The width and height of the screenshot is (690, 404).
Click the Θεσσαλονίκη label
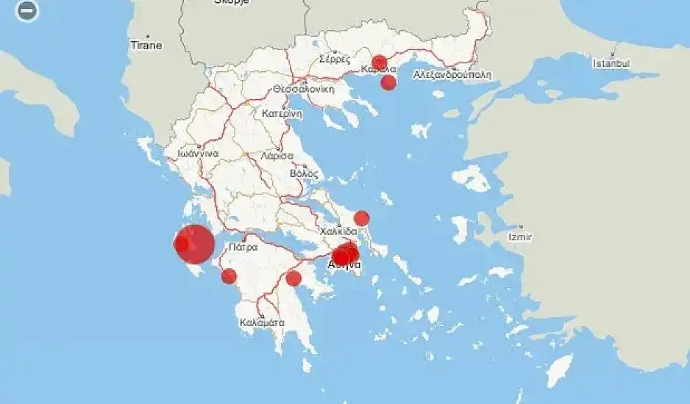pyautogui.click(x=304, y=88)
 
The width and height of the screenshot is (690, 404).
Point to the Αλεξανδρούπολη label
pyautogui.click(x=452, y=74)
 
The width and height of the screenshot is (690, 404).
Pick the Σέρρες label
pyautogui.click(x=335, y=59)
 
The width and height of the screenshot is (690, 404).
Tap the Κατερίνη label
pyautogui.click(x=282, y=114)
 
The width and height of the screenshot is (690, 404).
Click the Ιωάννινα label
pyautogui.click(x=192, y=154)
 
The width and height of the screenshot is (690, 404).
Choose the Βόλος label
pyautogui.click(x=304, y=174)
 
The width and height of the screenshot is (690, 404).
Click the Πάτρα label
pyautogui.click(x=243, y=248)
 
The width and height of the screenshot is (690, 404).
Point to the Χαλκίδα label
pyautogui.click(x=339, y=231)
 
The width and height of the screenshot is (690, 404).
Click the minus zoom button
pyautogui.click(x=27, y=11)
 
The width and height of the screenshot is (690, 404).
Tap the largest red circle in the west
pyautogui.click(x=195, y=244)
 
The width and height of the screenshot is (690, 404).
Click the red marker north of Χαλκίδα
pyautogui.click(x=361, y=218)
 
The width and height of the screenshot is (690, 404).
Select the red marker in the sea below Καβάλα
pyautogui.click(x=388, y=82)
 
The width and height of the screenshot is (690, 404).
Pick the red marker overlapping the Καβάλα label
pyautogui.click(x=380, y=62)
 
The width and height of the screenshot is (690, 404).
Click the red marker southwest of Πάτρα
pyautogui.click(x=229, y=276)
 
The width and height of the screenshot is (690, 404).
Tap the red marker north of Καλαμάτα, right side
pyautogui.click(x=294, y=278)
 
